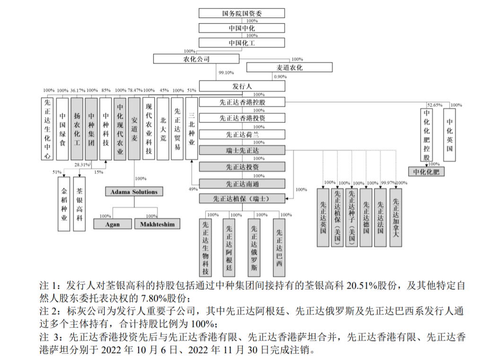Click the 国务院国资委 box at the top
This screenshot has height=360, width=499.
[242, 13]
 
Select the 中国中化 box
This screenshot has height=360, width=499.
[242, 28]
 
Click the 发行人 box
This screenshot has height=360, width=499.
[242, 86]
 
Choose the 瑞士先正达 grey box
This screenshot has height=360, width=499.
[242, 150]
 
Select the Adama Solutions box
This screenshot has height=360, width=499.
[134, 192]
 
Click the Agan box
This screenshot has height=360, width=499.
[113, 224]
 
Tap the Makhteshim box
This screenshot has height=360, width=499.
[157, 224]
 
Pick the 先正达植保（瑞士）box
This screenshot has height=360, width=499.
[242, 199]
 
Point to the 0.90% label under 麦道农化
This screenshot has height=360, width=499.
[280, 77]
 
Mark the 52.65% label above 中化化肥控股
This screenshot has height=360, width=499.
[434, 105]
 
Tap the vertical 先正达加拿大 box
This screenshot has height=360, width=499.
[395, 217]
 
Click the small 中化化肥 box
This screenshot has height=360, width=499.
[426, 172]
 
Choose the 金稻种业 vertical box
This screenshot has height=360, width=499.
[64, 203]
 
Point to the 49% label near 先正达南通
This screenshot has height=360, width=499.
[193, 189]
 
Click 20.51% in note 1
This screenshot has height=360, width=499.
[361, 286]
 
